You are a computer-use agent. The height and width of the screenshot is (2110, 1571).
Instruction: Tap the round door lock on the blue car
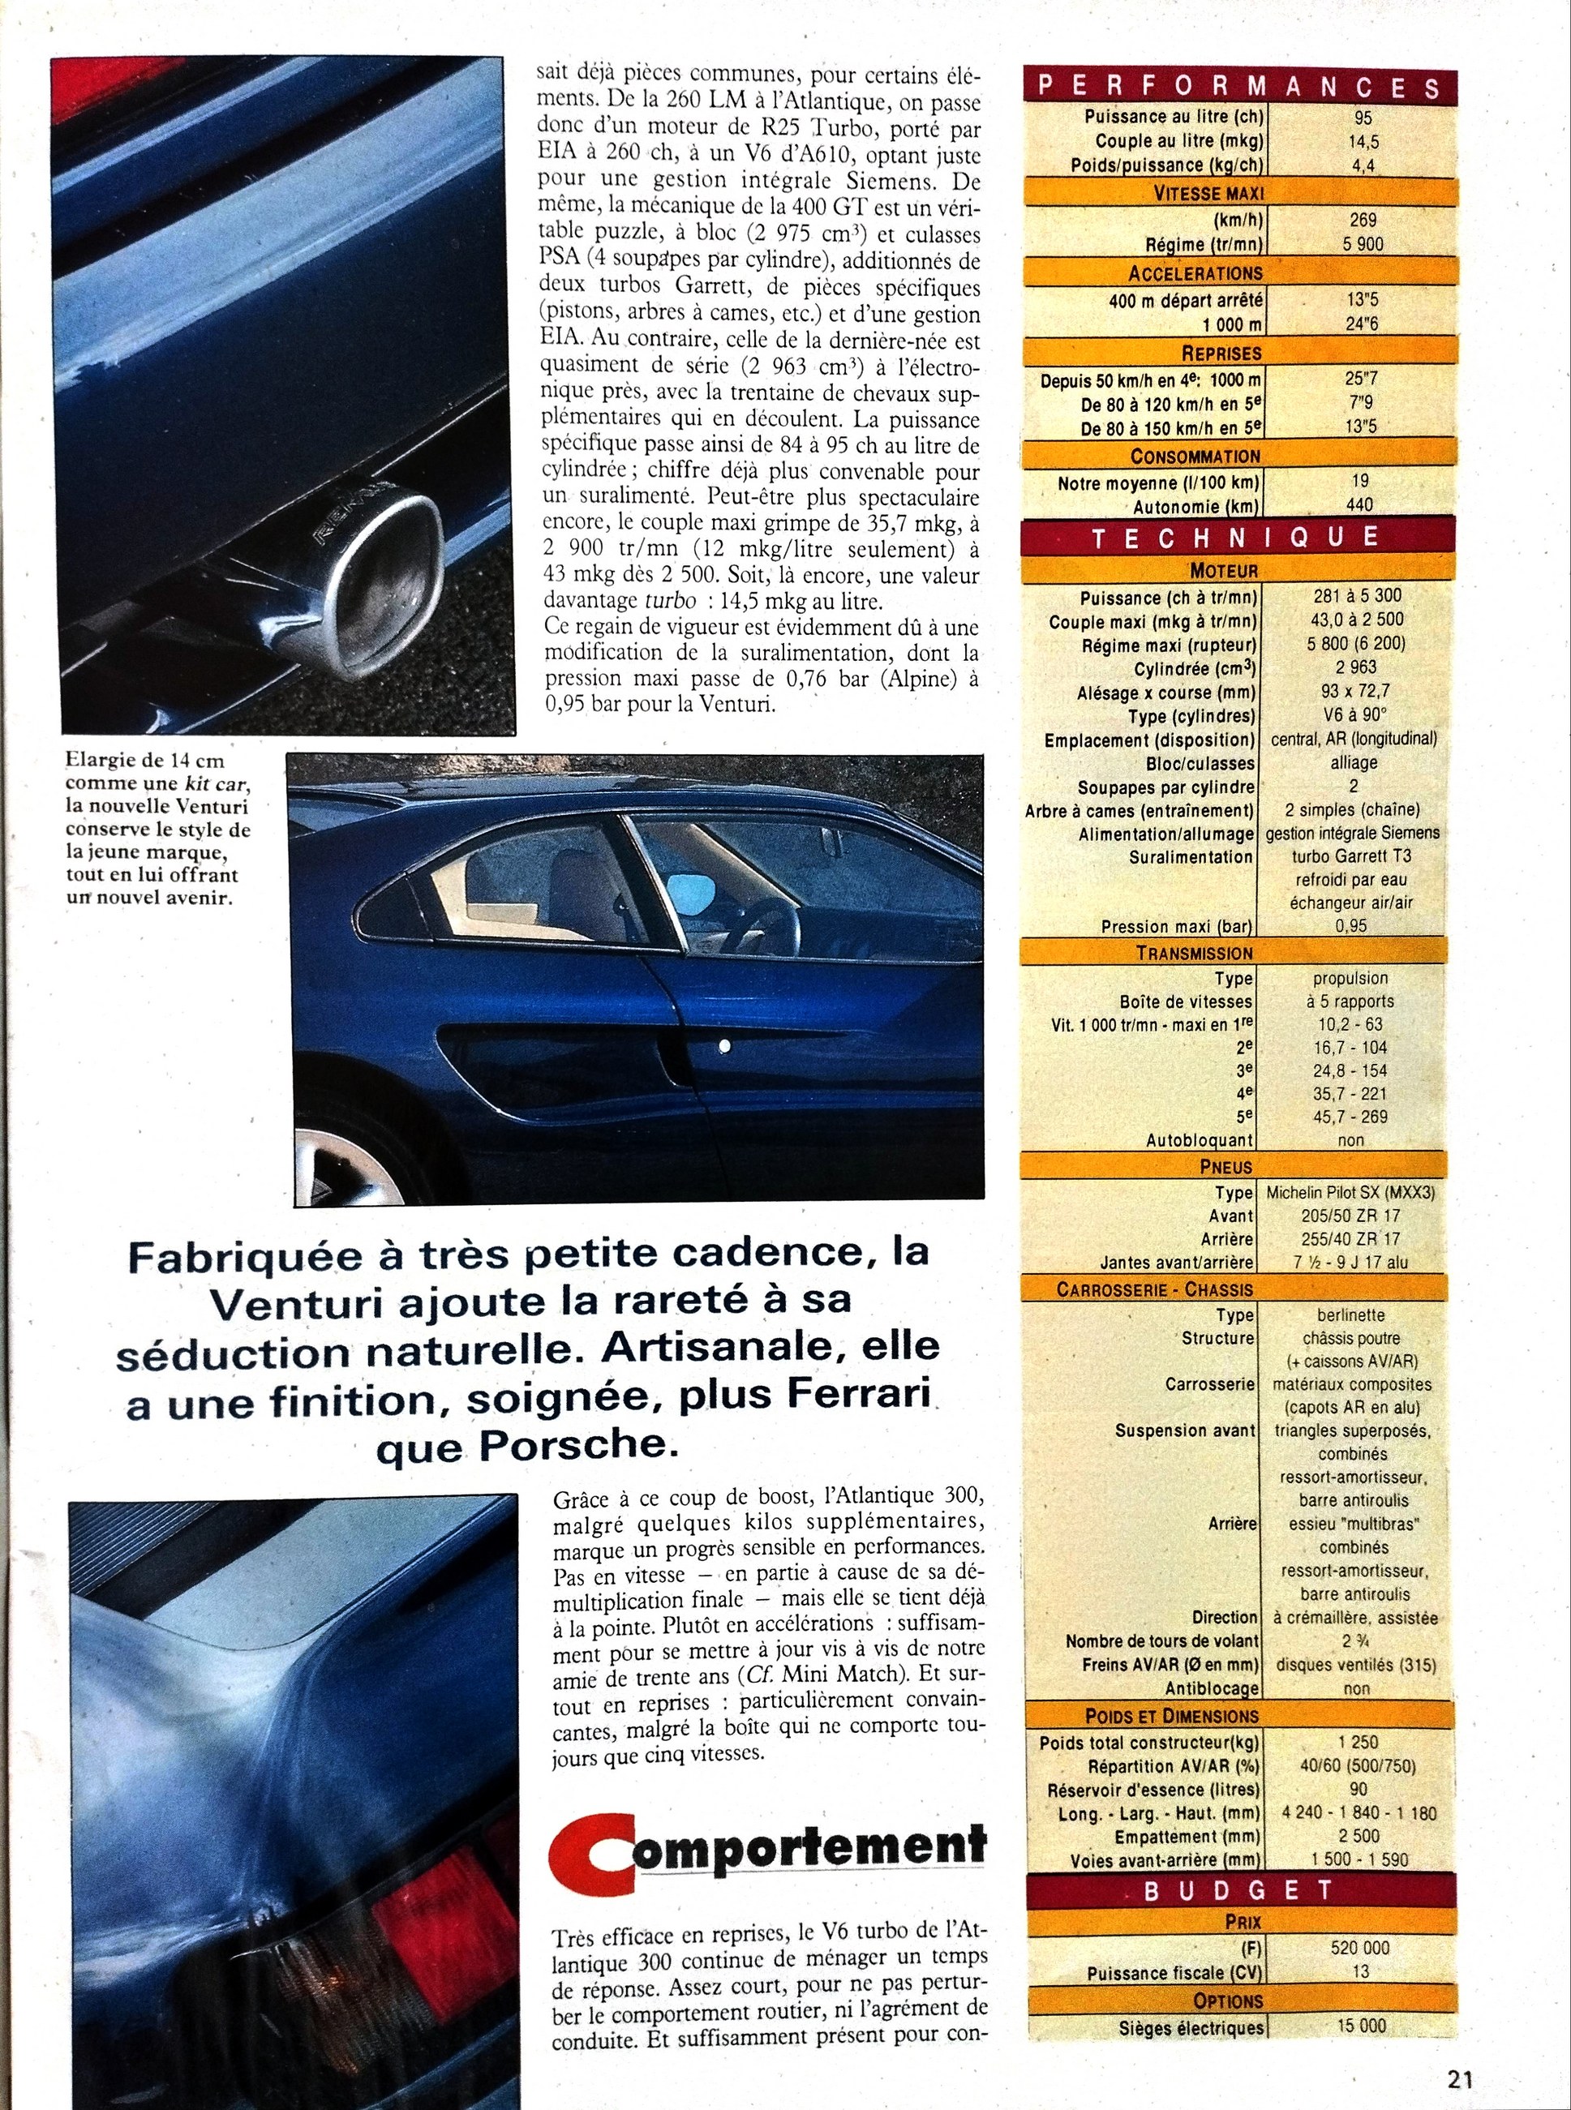(724, 1047)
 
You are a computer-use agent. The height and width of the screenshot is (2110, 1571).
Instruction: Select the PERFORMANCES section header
(1239, 87)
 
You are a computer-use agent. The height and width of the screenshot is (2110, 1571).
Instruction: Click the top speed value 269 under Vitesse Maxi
(1363, 220)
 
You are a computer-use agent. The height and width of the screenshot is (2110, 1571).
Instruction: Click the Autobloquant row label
(1201, 1139)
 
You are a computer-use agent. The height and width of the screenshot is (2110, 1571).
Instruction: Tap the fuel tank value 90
(1357, 1789)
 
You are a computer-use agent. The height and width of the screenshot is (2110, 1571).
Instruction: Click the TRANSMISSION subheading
(1195, 953)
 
